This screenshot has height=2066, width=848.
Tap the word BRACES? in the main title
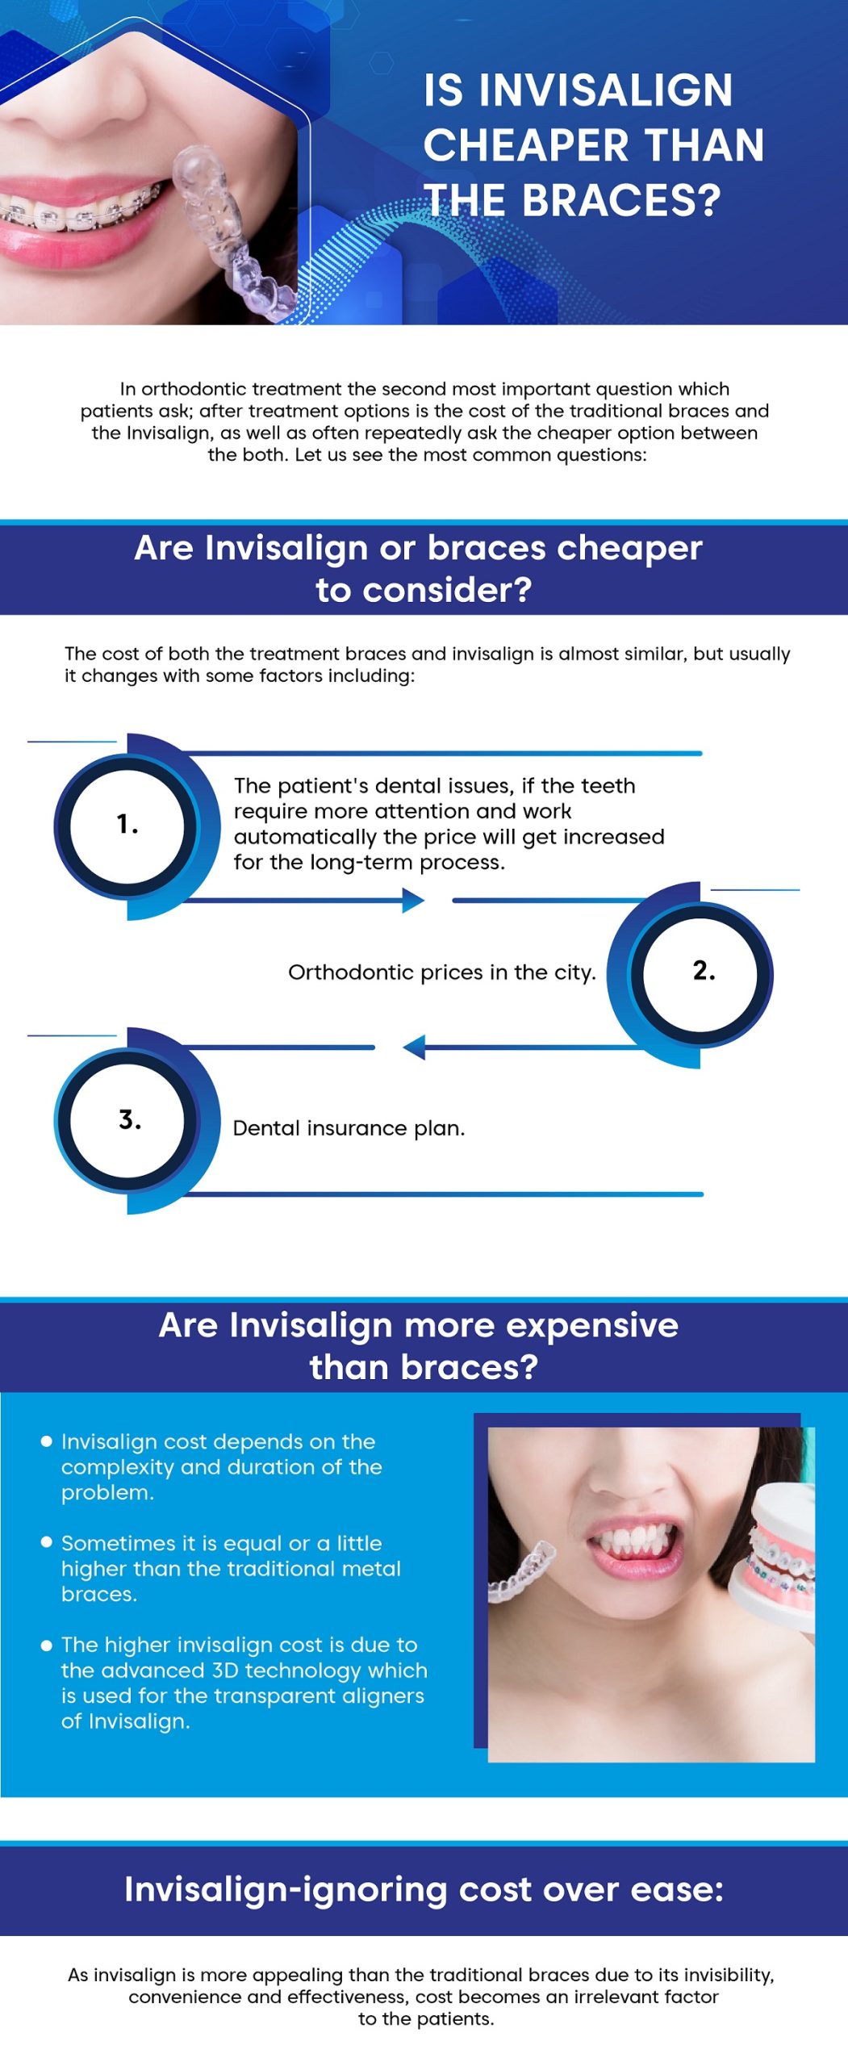click(621, 201)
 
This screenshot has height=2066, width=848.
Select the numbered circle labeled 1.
click(127, 826)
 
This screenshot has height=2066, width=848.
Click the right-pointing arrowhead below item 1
click(412, 900)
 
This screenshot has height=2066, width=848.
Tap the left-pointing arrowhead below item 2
click(414, 1048)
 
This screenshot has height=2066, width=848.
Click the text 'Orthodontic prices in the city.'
click(441, 972)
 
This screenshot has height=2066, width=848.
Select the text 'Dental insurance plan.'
click(349, 1128)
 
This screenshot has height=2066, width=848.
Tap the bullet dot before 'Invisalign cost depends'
click(47, 1441)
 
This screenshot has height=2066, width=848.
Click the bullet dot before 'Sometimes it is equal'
click(47, 1542)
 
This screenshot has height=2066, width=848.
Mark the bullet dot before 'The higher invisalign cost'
click(47, 1644)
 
